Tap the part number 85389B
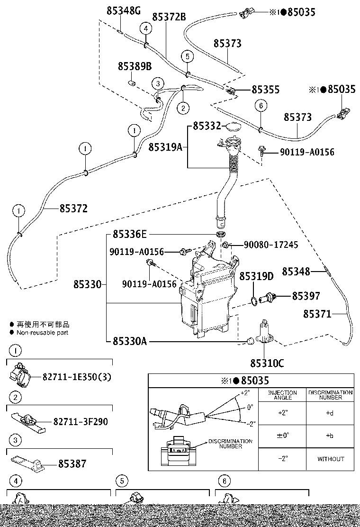click(135, 67)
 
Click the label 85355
click(265, 90)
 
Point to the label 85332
click(207, 126)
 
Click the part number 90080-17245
click(270, 245)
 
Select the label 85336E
click(130, 235)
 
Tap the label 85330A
click(129, 341)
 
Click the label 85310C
click(267, 363)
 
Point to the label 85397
click(306, 296)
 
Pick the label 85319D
click(256, 276)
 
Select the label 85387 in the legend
click(72, 464)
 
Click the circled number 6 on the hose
click(261, 106)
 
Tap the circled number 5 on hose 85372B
click(187, 56)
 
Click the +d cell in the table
click(330, 413)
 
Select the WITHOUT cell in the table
click(330, 459)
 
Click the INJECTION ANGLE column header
click(283, 395)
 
